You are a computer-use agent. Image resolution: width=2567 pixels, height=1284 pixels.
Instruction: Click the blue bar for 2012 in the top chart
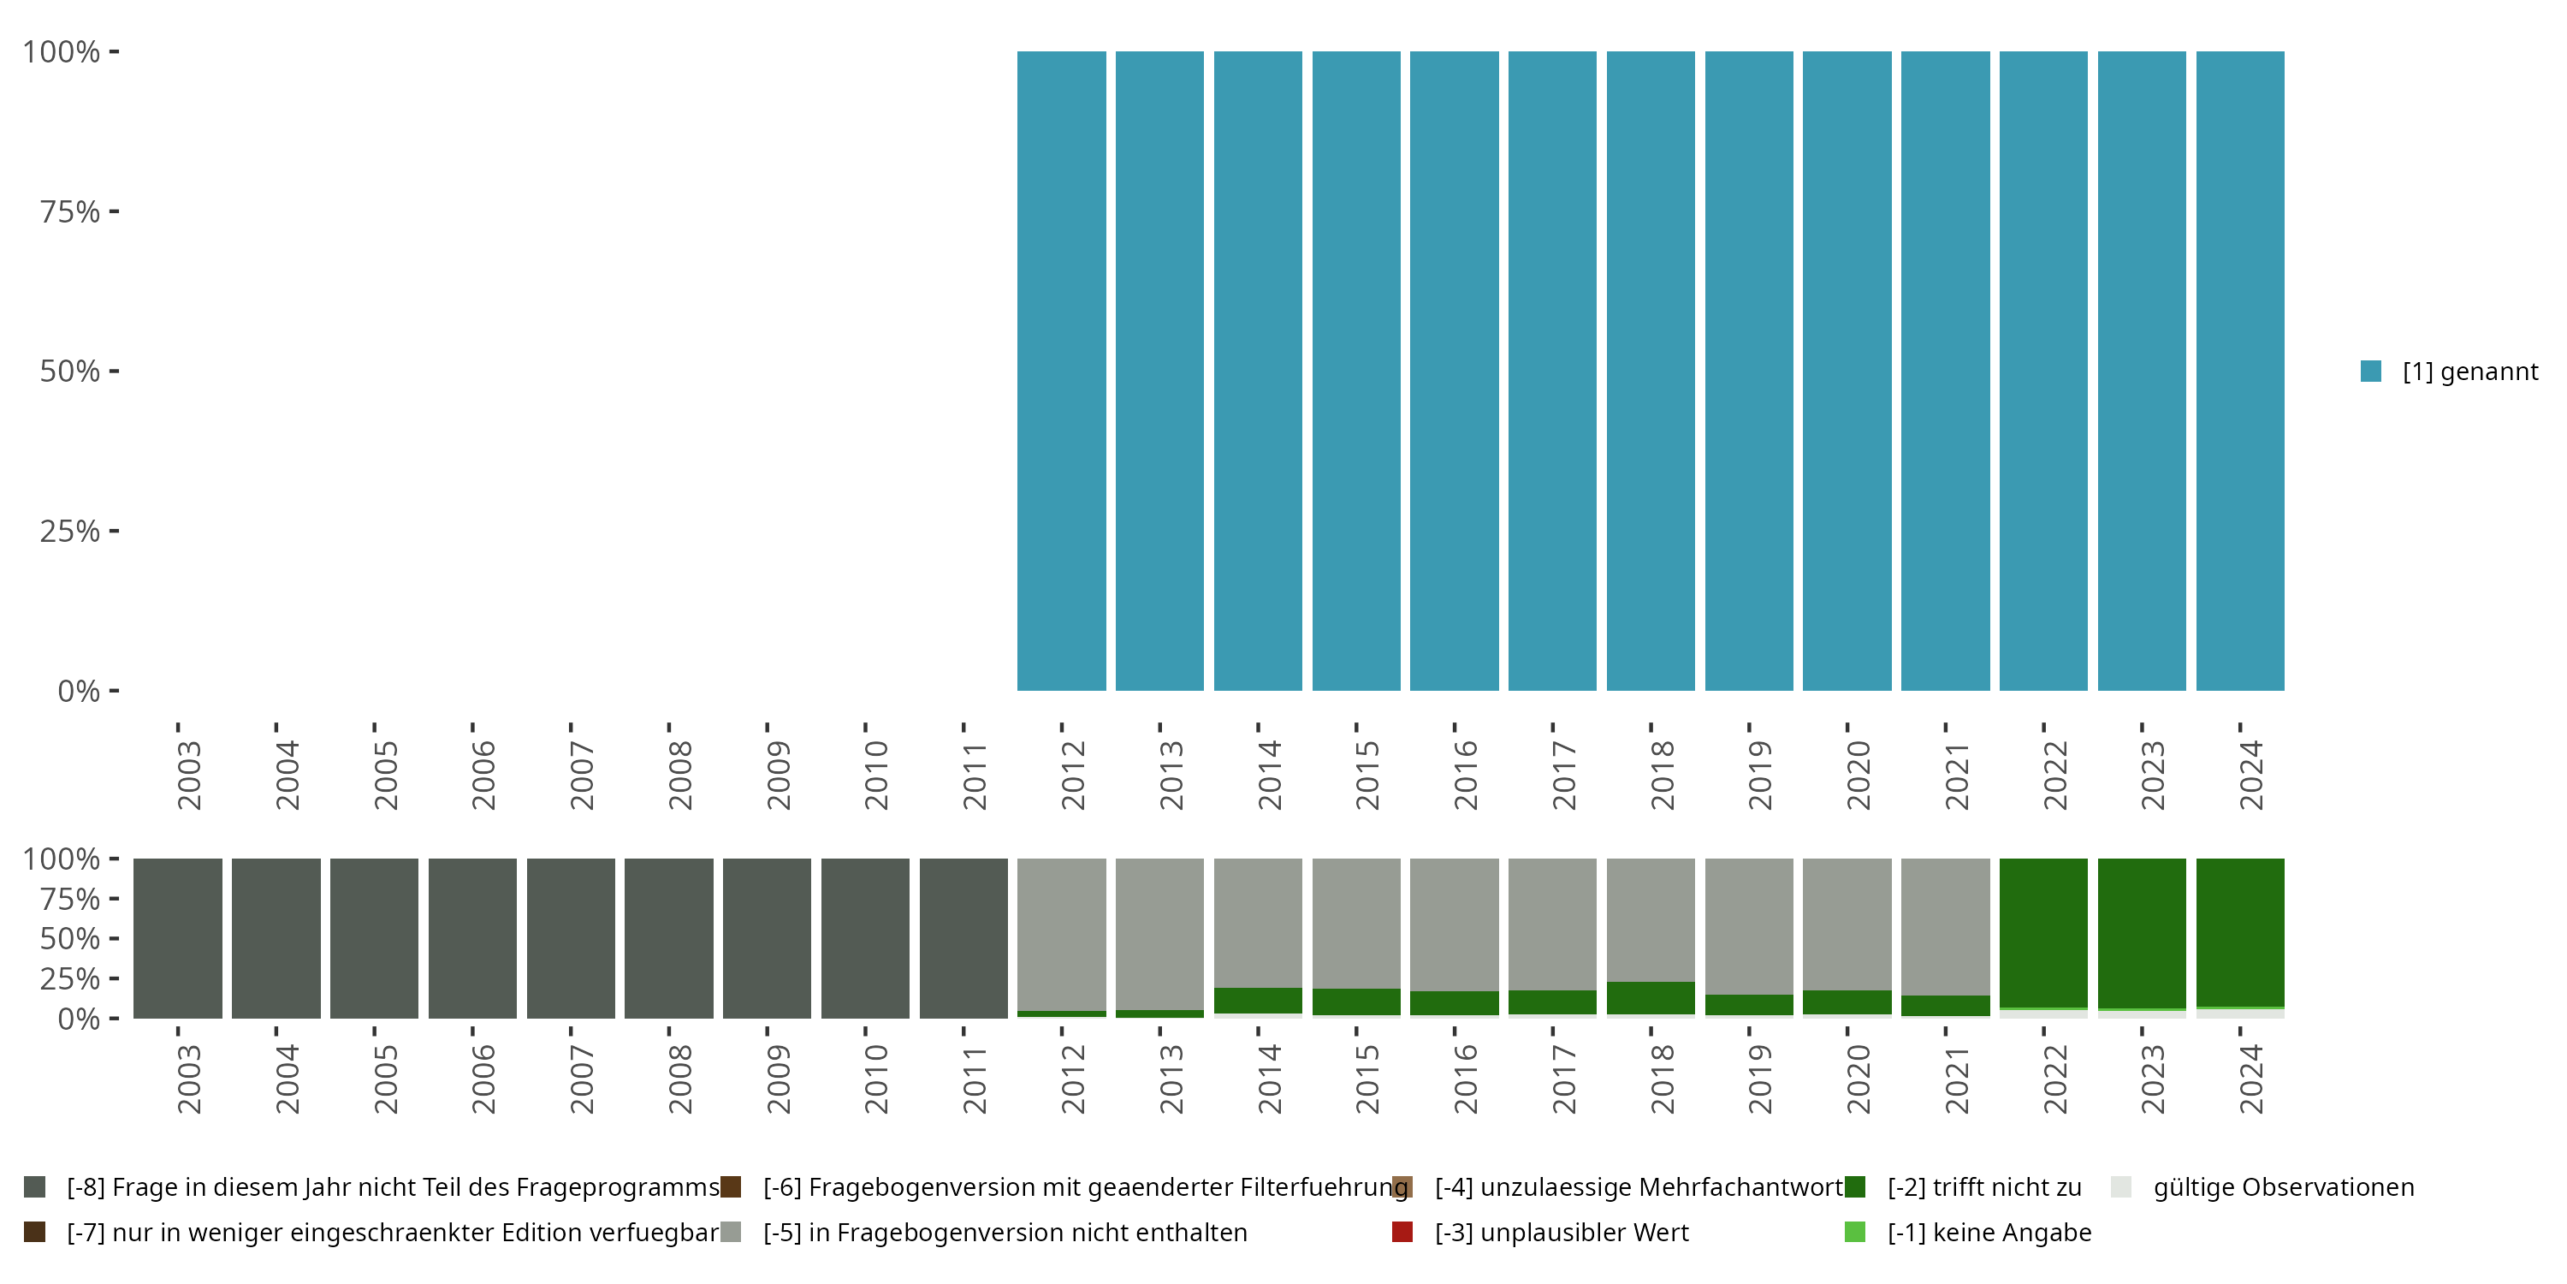point(1061,371)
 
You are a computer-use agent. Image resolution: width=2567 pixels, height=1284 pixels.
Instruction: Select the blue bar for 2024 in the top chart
point(2240,371)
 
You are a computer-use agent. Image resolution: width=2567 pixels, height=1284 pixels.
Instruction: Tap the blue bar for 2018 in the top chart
point(1651,371)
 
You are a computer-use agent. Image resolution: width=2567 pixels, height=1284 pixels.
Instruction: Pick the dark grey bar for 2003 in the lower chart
point(177,938)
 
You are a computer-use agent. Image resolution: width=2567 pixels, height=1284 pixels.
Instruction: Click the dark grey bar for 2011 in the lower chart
point(963,938)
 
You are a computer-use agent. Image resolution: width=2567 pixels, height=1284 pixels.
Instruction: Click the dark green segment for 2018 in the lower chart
point(1651,998)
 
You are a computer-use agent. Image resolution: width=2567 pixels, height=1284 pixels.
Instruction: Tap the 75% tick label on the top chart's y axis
point(70,211)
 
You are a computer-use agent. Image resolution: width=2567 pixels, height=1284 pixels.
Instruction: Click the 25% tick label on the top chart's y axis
point(70,532)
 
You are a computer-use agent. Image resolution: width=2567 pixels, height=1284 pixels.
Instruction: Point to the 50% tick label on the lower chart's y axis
point(70,939)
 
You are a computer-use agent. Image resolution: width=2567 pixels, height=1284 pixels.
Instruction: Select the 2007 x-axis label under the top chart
point(581,776)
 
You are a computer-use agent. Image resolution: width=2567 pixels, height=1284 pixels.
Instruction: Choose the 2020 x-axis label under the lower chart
point(1858,1079)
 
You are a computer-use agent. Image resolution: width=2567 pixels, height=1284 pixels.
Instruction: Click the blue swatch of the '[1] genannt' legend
point(2371,371)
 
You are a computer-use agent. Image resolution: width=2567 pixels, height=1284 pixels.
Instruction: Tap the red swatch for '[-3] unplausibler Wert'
point(1402,1232)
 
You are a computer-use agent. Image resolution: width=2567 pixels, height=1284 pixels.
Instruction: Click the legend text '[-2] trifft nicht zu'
point(1984,1187)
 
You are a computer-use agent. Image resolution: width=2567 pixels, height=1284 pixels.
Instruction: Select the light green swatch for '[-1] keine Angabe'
point(1854,1232)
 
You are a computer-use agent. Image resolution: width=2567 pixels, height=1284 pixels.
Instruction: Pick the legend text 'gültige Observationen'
point(2283,1187)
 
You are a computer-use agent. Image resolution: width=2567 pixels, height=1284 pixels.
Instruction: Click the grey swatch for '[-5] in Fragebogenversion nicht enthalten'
point(731,1232)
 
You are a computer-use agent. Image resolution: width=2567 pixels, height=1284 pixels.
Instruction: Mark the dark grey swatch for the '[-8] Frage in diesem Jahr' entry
point(35,1187)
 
